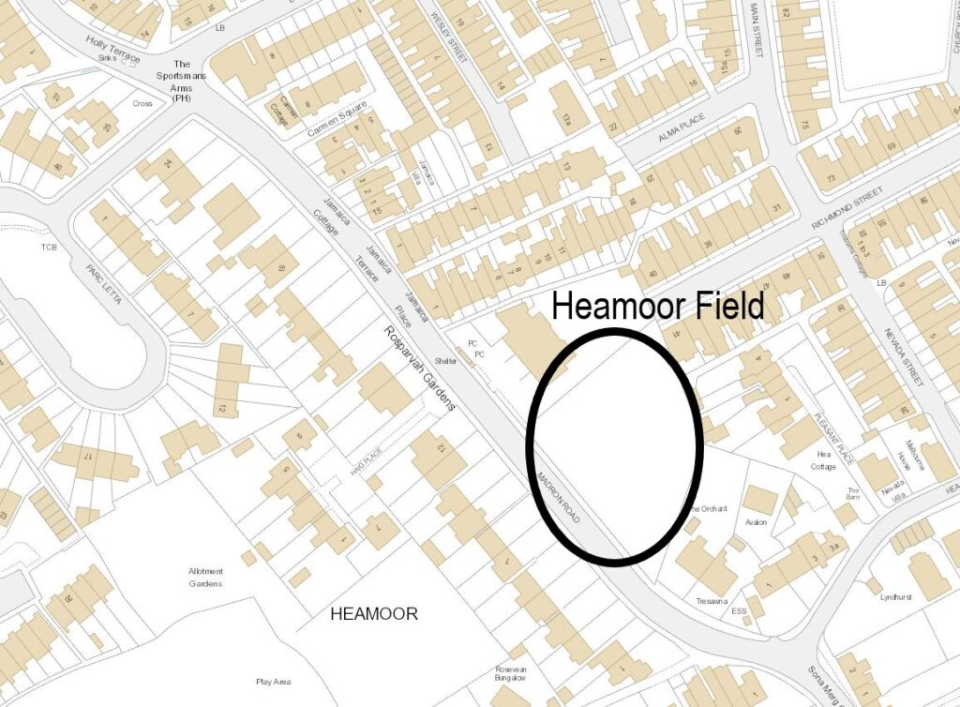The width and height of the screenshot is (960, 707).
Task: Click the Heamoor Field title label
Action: click(657, 305)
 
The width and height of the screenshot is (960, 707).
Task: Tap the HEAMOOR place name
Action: click(374, 614)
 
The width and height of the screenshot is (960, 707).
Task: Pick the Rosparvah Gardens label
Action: click(419, 369)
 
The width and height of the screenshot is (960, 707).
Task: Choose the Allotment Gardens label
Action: click(205, 578)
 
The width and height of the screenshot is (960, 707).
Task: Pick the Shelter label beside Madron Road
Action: click(446, 360)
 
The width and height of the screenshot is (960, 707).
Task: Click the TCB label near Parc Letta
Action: click(49, 248)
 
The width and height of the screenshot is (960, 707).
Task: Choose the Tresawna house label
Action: click(712, 601)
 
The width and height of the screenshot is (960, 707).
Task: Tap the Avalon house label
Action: click(756, 521)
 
